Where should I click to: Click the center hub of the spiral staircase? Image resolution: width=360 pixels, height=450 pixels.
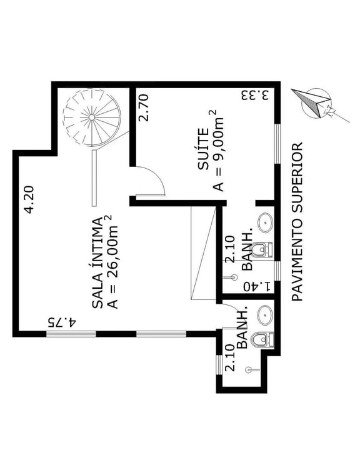coord(91,117)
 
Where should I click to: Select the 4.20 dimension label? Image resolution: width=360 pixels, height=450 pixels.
coord(29,201)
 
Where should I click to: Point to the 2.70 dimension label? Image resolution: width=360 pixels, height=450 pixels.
coord(143,108)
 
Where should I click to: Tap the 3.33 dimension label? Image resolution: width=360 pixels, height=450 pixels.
coord(255,95)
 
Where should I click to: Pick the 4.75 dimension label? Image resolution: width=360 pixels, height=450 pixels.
coord(62,322)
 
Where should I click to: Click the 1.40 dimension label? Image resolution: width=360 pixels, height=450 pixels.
coord(257,286)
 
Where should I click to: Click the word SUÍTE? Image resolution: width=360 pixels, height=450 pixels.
coord(203,149)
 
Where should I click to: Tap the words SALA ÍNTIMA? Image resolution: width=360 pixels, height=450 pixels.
coord(97,263)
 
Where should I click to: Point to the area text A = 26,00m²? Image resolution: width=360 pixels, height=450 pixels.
coord(112,262)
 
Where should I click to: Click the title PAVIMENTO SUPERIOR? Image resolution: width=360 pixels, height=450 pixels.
coord(297,221)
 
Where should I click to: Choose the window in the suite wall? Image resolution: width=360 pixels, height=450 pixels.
coord(277,144)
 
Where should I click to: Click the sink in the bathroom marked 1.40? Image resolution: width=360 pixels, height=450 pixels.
coord(265,222)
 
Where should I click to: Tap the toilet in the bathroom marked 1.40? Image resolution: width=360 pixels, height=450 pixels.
coord(262,249)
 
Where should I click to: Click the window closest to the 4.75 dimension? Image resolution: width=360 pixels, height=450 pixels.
coord(71,334)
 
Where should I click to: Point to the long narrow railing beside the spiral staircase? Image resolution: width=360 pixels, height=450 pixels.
coord(94,177)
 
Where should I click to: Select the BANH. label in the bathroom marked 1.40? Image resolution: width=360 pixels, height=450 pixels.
coord(247,249)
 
